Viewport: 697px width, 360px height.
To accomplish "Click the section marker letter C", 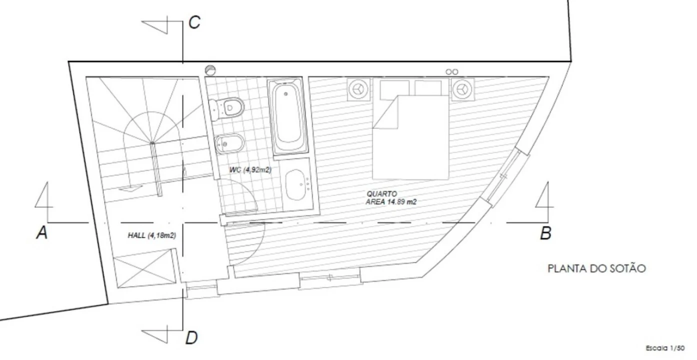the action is (195, 22).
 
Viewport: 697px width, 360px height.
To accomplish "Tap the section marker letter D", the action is (191, 338).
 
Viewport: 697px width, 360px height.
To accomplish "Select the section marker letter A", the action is (42, 232).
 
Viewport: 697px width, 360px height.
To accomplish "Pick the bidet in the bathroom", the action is (229, 144).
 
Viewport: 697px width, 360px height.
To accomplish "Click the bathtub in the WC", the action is (288, 116).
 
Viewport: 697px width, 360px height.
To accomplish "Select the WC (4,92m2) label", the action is (250, 170).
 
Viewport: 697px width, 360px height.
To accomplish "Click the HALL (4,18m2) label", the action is (152, 235).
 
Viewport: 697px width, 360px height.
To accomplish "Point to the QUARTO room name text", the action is (381, 194).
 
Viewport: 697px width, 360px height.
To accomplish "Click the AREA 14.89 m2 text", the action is (391, 201).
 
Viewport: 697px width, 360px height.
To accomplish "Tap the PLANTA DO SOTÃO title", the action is (596, 268).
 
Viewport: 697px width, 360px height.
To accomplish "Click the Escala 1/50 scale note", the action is (665, 348).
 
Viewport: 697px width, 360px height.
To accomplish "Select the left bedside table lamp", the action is (359, 89).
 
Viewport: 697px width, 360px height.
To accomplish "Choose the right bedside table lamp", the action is (463, 89).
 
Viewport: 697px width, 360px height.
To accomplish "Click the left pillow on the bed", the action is (394, 88).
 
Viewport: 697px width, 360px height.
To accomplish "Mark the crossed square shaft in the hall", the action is (144, 268).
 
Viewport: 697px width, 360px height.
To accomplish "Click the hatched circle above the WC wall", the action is (210, 70).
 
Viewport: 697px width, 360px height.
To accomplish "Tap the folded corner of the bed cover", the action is (385, 112).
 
